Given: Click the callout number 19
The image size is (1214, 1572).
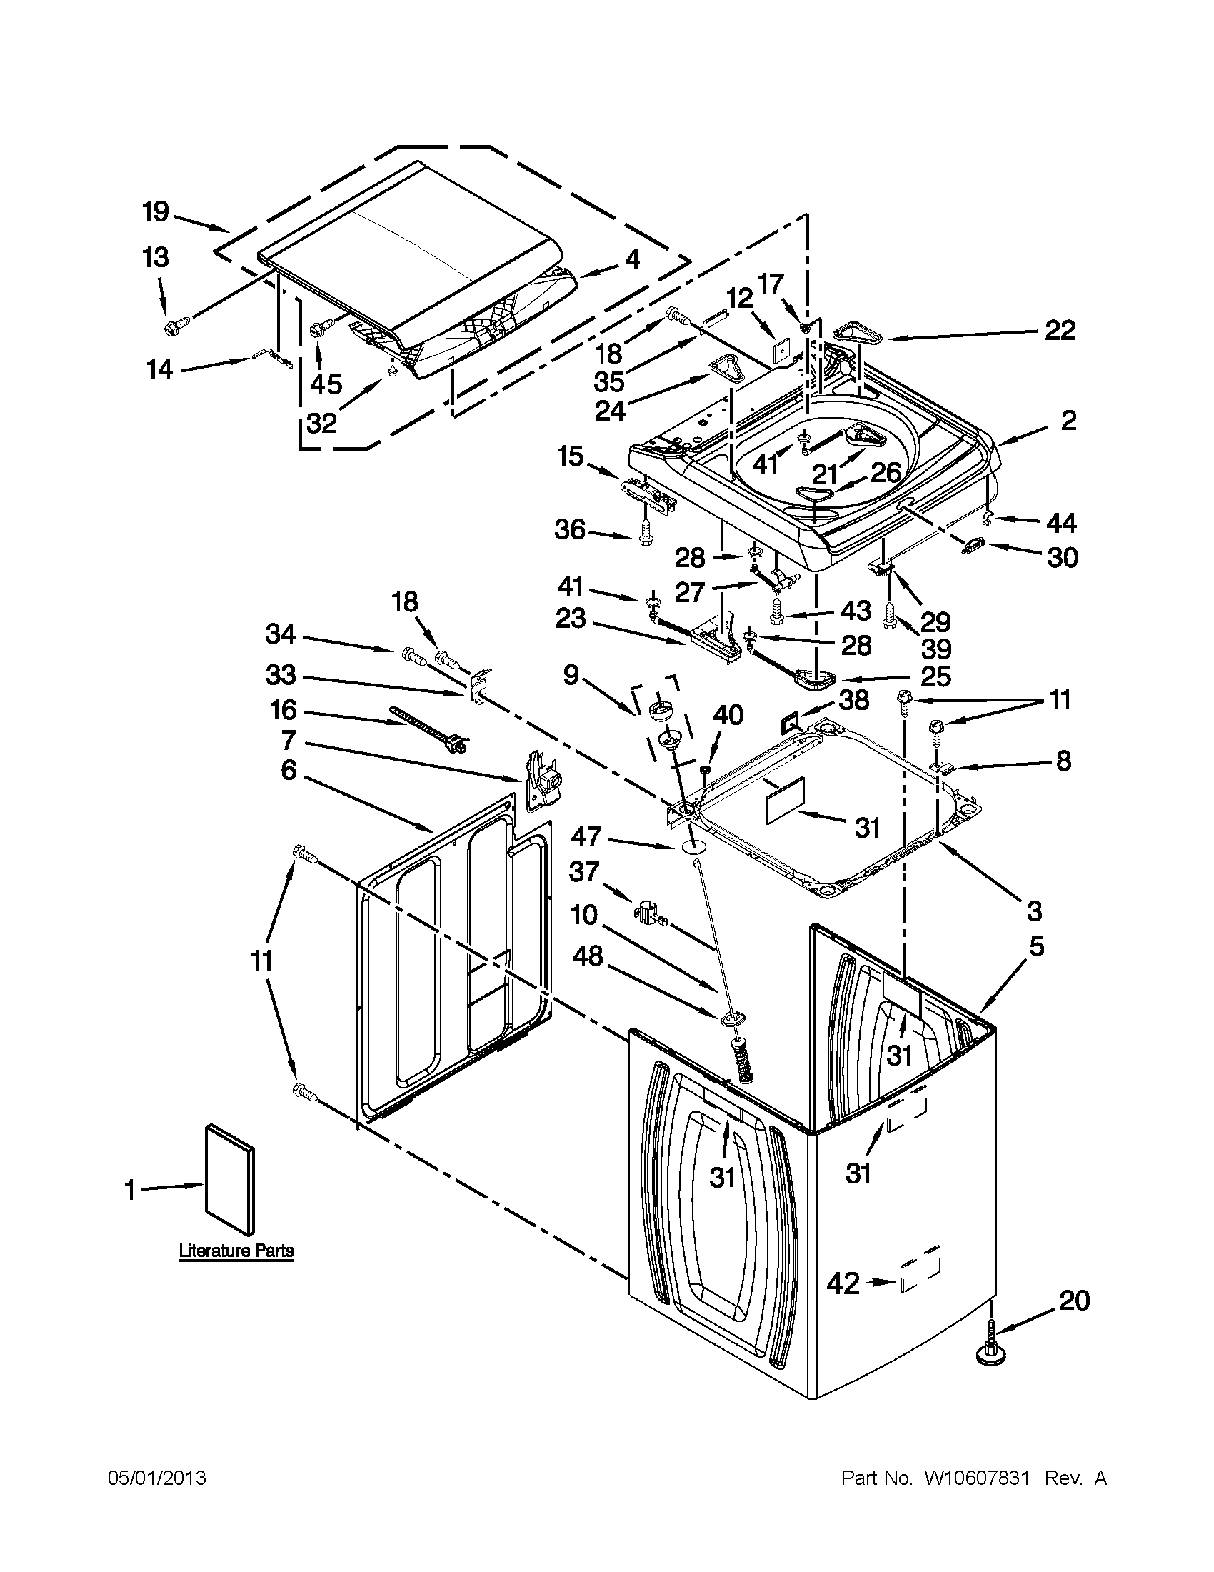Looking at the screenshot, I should pyautogui.click(x=155, y=212).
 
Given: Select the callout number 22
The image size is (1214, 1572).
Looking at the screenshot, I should pyautogui.click(x=1060, y=331).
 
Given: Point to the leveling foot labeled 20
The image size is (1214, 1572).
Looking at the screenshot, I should pyautogui.click(x=990, y=1351).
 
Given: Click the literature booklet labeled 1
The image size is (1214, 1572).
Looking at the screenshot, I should pyautogui.click(x=229, y=1188).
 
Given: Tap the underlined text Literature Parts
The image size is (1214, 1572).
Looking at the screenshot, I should pyautogui.click(x=236, y=1251).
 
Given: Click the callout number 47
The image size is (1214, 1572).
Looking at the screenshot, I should pyautogui.click(x=586, y=836).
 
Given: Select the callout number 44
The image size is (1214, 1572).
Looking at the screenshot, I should pyautogui.click(x=1061, y=523).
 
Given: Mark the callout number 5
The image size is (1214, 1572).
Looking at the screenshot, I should pyautogui.click(x=1035, y=946).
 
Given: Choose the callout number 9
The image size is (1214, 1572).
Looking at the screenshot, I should pyautogui.click(x=571, y=675).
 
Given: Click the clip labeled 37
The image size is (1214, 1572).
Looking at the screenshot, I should pyautogui.click(x=650, y=913).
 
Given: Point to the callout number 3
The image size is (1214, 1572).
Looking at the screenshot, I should pyautogui.click(x=1034, y=911).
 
